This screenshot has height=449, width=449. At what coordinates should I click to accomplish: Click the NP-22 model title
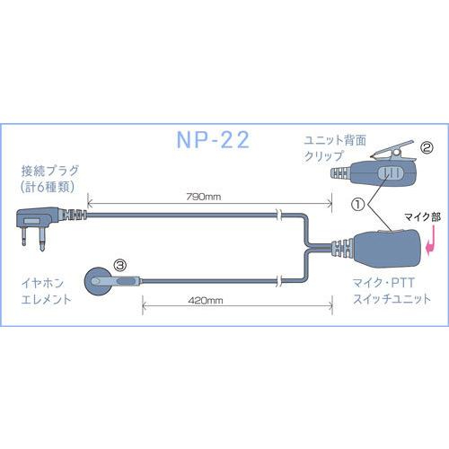[x=213, y=140]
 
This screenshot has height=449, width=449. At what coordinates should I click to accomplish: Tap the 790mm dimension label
[x=204, y=197]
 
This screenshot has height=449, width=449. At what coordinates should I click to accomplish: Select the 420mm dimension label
[x=206, y=300]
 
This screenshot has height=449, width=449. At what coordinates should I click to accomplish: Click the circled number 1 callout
[x=358, y=205]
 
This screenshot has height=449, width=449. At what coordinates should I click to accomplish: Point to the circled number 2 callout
[x=427, y=147]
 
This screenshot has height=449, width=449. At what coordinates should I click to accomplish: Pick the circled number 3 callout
[x=120, y=265]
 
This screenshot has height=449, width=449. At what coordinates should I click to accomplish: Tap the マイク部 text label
[x=422, y=217]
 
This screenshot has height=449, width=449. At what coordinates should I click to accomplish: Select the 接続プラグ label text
[x=50, y=171]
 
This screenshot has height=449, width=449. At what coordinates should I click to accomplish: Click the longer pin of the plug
[x=42, y=239]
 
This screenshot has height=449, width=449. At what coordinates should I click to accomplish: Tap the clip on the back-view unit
[x=392, y=154]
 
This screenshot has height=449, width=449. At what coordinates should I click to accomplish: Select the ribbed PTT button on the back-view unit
[x=390, y=173]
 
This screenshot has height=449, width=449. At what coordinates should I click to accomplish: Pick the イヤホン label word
[x=42, y=283]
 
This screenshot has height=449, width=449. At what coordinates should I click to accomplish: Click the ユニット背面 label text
[x=335, y=140]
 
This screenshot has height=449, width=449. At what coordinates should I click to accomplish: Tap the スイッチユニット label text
[x=392, y=299]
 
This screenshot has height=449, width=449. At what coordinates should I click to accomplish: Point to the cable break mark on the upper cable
[x=279, y=215]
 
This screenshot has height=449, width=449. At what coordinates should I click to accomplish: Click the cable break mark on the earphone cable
[x=279, y=281]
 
